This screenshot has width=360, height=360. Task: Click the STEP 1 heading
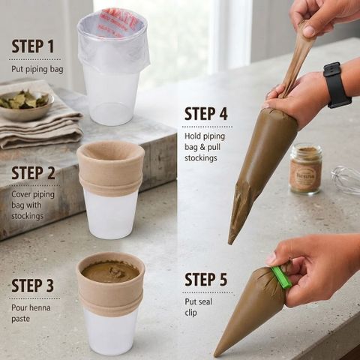coord(33,46)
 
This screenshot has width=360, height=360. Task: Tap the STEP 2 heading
coord(33,173)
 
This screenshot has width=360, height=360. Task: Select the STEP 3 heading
coord(33,286)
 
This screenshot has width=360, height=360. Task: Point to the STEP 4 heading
coord(206,114)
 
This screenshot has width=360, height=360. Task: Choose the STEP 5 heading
coord(206,279)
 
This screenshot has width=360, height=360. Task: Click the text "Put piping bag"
coord(37,69)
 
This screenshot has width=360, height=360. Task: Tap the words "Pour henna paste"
coord(31,313)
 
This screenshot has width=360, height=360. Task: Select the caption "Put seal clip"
coord(198,307)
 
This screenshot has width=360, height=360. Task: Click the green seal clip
coord(281,277)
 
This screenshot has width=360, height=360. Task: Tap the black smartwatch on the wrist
coord(336,85)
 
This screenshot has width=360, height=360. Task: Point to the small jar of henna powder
coord(305,169)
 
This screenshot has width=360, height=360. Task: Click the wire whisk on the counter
coord(346,180)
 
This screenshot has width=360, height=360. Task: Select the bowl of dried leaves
coord(26,105)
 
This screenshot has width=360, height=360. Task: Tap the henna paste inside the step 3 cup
coord(110,271)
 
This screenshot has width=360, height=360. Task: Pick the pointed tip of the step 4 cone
coord(230,242)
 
